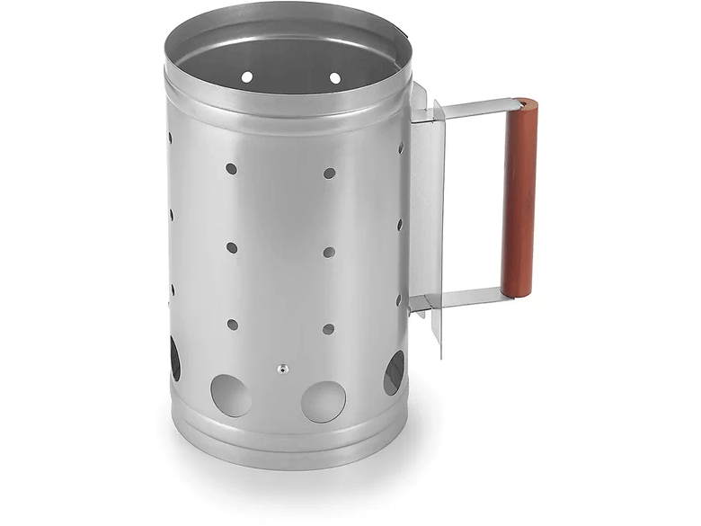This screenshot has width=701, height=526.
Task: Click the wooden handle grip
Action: [x=519, y=198]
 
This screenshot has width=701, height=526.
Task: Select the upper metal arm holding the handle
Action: [x=472, y=110]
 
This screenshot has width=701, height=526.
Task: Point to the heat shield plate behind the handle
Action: [x=426, y=207]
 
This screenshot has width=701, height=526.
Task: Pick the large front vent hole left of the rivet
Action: [x=231, y=395]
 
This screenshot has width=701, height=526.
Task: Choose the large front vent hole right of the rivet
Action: [x=324, y=401]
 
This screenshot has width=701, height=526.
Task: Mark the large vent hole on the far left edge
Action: [x=174, y=358]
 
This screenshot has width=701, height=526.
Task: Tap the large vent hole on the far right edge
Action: [x=394, y=372]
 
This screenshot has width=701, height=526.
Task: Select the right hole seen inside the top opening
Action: [x=335, y=78]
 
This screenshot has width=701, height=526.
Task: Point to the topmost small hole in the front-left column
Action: [x=231, y=168]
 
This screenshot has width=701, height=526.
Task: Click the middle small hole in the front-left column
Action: [x=232, y=246]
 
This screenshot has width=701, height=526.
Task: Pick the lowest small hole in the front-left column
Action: [x=232, y=324]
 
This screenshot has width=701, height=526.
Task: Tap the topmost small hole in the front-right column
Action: [x=329, y=173]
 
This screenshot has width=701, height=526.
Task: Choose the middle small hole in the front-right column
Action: [x=329, y=252]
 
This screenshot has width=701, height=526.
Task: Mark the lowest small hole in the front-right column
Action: [x=328, y=329]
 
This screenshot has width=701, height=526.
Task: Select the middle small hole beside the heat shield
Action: [x=400, y=225]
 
